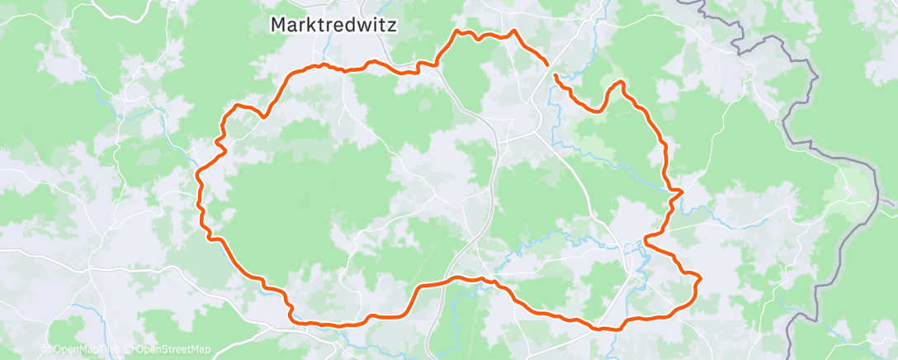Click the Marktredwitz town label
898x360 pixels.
(333, 26)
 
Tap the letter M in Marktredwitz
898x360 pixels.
(279, 26)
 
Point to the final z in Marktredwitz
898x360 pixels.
(391, 26)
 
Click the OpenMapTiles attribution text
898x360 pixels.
(87, 349)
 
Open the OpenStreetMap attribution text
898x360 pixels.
(173, 349)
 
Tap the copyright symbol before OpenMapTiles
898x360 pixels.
(47, 349)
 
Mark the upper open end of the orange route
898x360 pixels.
(547, 64)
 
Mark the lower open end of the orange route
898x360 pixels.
(555, 76)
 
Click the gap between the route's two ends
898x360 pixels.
(551, 70)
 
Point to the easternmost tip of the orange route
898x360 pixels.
(700, 281)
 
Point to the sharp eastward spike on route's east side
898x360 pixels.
(682, 192)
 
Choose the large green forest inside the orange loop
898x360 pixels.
(305, 198)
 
